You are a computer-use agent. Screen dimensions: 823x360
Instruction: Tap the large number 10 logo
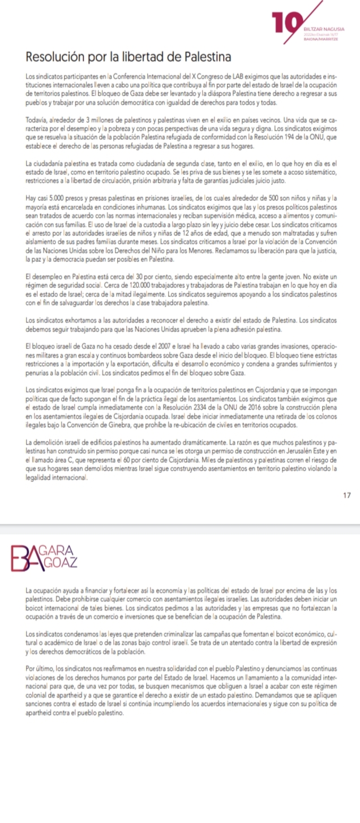tap(285, 24)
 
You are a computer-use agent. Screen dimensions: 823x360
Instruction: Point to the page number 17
tap(347, 495)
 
